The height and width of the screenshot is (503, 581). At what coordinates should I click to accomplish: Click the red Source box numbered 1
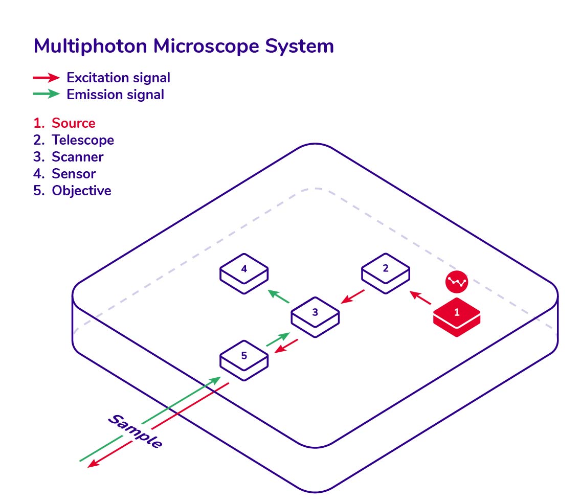(x=457, y=317)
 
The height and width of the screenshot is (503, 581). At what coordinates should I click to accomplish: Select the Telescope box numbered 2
(x=386, y=273)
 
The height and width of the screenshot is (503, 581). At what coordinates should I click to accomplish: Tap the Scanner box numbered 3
(x=315, y=317)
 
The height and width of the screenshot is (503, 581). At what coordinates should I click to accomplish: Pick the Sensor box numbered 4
(x=244, y=273)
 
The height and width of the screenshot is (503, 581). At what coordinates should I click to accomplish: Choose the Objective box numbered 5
(x=244, y=360)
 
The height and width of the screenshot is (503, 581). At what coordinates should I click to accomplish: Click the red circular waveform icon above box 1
(x=457, y=282)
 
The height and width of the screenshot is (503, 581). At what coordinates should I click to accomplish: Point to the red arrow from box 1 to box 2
(x=420, y=298)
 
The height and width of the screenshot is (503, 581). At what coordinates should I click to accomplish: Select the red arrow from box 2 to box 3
(x=352, y=296)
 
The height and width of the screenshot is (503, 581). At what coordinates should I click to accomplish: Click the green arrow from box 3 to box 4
(x=278, y=296)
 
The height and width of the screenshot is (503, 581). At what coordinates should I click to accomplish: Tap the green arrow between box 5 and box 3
(x=278, y=339)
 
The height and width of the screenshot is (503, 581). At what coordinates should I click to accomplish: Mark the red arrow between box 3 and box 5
(x=286, y=346)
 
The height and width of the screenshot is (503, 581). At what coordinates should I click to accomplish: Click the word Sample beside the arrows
(x=135, y=431)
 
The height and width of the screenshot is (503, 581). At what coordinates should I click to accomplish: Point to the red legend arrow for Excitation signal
(x=47, y=77)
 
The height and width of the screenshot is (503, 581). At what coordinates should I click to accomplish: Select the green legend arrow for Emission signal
(x=47, y=94)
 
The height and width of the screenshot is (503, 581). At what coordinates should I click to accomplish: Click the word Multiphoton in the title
(x=91, y=47)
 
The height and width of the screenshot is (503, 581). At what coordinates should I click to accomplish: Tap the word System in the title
(x=299, y=47)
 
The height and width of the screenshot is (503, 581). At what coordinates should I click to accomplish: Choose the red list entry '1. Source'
(x=64, y=123)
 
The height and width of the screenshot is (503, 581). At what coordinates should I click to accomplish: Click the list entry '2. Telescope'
(x=73, y=140)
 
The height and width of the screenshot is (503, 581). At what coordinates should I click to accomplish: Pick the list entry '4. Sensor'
(x=64, y=174)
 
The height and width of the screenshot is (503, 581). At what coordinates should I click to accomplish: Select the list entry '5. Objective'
(x=72, y=191)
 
